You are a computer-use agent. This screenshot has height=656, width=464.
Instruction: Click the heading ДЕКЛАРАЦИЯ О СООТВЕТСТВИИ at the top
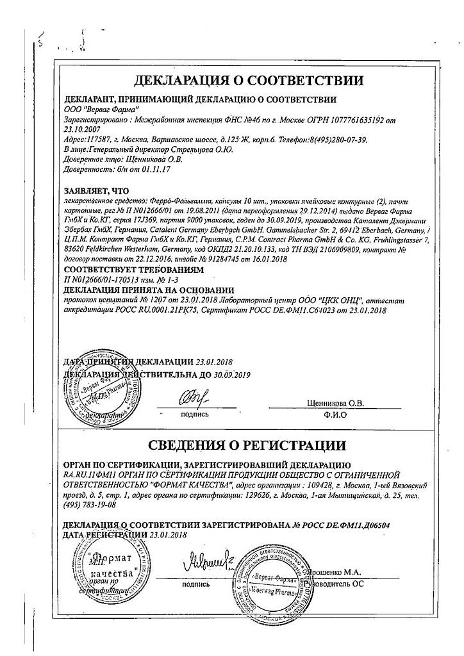point(249,81)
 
